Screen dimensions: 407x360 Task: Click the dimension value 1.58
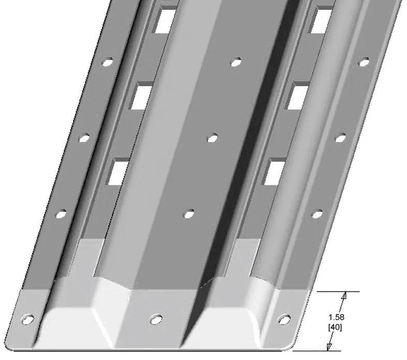(x=336, y=317)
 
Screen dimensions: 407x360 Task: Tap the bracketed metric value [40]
(x=335, y=327)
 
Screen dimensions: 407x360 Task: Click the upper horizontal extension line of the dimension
(x=338, y=292)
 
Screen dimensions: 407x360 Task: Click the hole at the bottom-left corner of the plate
(x=28, y=319)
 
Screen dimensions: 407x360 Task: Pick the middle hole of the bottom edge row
(x=156, y=319)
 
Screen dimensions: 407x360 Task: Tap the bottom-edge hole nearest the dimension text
(x=284, y=319)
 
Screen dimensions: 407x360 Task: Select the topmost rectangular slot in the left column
(x=165, y=20)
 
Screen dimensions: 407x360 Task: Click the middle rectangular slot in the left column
(x=141, y=96)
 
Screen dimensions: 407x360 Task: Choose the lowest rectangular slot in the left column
(x=118, y=171)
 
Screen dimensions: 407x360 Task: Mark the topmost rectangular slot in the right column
(x=321, y=20)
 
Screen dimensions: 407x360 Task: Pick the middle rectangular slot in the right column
(x=297, y=96)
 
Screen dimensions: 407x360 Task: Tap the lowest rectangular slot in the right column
(x=274, y=171)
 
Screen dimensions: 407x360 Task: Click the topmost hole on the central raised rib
(x=236, y=62)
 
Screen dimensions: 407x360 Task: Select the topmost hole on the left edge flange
(x=108, y=62)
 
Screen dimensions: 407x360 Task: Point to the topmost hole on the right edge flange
(x=364, y=62)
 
